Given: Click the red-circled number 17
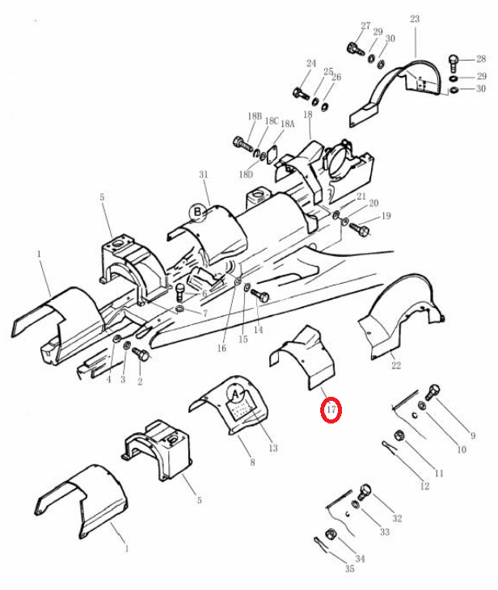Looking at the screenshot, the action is (x=331, y=409).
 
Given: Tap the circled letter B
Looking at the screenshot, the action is (x=197, y=213).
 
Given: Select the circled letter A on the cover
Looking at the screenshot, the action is (x=236, y=394).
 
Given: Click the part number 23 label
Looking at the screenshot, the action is (x=415, y=19).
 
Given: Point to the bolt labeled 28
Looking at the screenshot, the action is (x=454, y=64).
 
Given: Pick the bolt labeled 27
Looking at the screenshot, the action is (x=355, y=49).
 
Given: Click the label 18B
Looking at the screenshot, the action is (x=255, y=116).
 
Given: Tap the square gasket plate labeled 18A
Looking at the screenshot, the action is (x=272, y=157).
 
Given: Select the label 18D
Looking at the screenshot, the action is (x=246, y=175).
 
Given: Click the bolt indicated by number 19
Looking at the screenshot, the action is (x=360, y=229).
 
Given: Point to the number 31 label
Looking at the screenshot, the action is (x=204, y=175).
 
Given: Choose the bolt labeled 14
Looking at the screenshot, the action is (x=260, y=295).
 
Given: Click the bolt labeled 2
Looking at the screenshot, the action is (x=142, y=354).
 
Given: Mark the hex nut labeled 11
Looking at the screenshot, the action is (x=399, y=436).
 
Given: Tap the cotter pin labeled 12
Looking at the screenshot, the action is (x=391, y=448).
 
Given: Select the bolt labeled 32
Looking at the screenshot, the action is (x=365, y=492).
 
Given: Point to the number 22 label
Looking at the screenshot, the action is (x=396, y=365).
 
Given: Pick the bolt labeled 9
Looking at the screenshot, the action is (x=433, y=392).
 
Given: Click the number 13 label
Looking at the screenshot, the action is (x=273, y=448).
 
